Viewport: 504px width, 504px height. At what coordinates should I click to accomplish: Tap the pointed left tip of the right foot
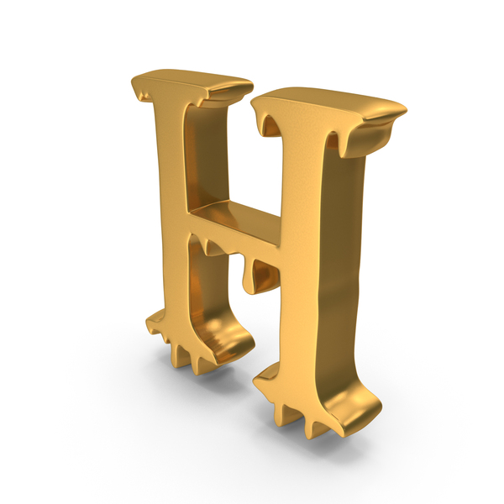pyautogui.click(x=255, y=381)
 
